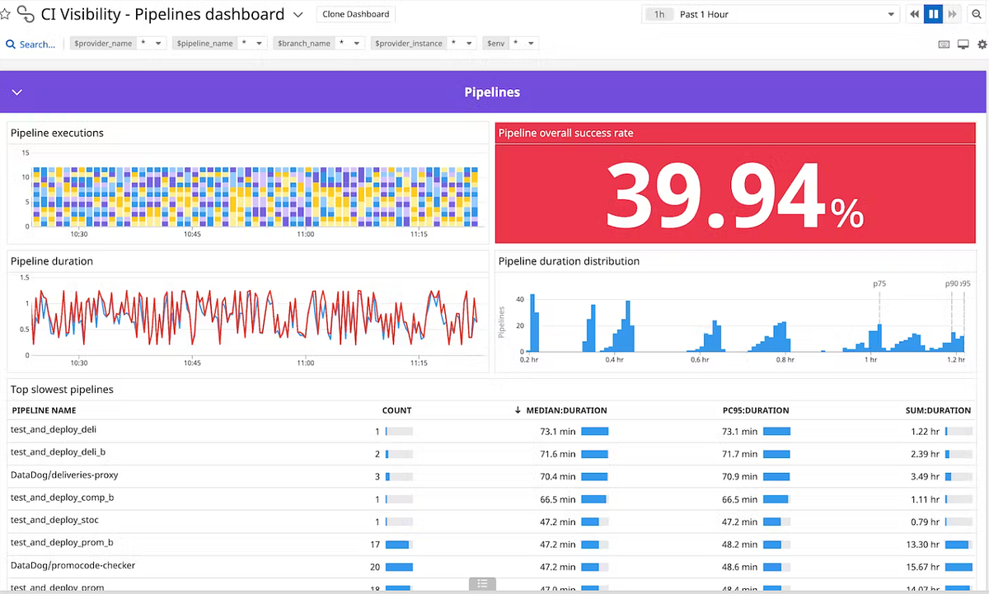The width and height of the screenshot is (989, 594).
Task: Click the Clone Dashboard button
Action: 356,15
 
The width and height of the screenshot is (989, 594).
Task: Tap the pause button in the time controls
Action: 934,15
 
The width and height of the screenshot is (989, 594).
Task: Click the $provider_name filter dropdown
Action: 119,44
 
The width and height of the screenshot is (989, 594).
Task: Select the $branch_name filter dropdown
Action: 318,44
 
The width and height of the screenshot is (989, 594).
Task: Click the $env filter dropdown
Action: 511,44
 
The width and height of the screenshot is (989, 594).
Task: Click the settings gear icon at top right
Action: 982,44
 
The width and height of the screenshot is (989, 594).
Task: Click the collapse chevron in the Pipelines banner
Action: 16,92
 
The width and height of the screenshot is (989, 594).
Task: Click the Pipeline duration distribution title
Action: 569,261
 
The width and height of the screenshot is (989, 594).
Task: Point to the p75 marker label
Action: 879,283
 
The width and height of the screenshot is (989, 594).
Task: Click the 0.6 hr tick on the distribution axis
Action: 700,360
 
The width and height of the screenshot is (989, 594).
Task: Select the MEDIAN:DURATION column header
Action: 566,410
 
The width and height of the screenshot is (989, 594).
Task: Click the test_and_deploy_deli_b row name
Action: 58,452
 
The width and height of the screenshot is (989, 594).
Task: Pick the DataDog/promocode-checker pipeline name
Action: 73,566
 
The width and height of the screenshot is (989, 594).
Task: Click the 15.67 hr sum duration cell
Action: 923,567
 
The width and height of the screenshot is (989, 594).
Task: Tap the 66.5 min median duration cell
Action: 558,499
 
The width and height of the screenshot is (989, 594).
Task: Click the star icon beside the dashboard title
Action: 6,15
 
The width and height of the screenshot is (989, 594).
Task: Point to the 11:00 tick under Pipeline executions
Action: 305,235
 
